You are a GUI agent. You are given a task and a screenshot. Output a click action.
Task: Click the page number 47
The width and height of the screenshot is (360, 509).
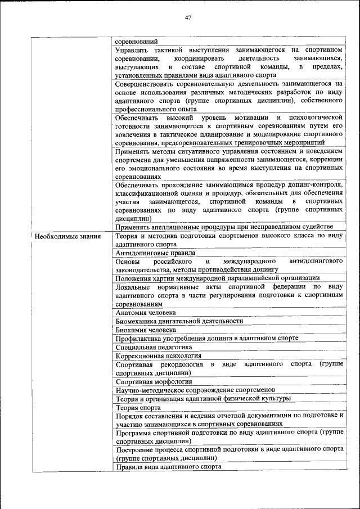188,17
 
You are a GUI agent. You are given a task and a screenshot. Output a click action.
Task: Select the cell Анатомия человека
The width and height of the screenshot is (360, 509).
146,312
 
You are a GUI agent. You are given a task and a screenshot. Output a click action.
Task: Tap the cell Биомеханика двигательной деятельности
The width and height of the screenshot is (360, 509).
179,321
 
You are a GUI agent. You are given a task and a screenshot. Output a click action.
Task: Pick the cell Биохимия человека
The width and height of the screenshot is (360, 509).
146,330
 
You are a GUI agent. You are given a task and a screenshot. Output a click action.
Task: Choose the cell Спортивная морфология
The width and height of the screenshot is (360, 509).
154,381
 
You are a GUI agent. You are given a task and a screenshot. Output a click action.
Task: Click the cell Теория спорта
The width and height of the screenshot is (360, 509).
138,407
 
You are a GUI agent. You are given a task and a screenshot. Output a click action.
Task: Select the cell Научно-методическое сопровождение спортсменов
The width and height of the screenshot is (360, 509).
195,390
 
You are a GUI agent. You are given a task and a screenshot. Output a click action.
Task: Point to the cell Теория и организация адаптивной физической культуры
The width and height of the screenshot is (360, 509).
203,398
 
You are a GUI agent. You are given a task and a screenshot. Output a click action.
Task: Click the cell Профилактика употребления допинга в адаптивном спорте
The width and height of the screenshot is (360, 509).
206,338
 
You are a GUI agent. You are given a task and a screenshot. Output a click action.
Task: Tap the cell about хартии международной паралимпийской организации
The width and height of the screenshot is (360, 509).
218,278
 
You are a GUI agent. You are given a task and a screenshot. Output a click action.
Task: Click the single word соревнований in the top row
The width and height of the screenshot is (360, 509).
136,41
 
